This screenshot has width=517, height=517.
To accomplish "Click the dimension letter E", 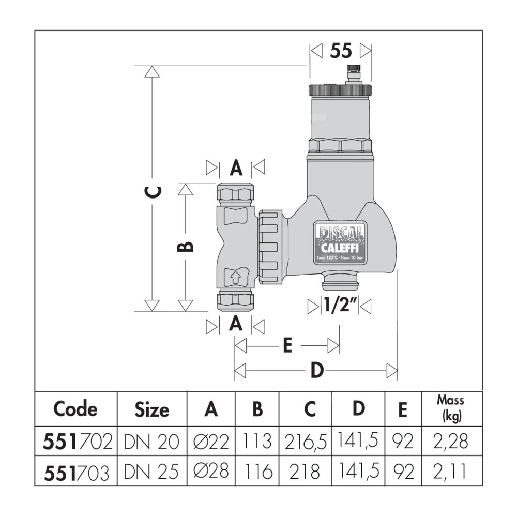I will point(287,345).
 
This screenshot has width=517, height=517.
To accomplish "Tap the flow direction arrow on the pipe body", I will point(235,277).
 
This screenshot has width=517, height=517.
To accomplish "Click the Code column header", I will point(75,409).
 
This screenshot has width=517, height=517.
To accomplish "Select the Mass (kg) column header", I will point(450,408).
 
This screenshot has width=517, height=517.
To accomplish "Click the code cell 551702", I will point(75,442).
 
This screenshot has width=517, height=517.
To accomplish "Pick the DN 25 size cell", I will point(152,472).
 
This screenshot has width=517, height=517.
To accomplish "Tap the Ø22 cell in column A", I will point(211,442).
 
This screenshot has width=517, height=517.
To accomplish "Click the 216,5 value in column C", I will point(306,442).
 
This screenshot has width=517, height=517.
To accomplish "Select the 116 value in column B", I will point(257,472).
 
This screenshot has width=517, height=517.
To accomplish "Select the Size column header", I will point(152,409).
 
